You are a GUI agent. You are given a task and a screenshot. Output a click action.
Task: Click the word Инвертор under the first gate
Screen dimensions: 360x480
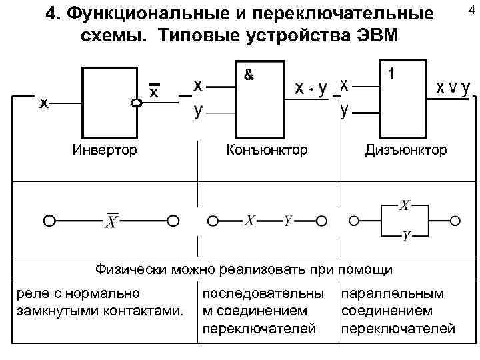[x=105, y=150]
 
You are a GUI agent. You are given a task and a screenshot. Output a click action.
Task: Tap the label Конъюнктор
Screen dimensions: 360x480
[x=267, y=150]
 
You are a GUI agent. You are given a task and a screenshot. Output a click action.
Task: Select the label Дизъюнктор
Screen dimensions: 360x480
[x=405, y=150]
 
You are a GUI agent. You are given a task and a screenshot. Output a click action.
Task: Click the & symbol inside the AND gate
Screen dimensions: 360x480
[x=248, y=75]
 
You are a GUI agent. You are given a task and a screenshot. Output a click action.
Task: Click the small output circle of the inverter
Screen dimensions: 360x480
[x=137, y=103]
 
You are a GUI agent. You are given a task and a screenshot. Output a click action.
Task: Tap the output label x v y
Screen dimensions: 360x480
[x=453, y=88]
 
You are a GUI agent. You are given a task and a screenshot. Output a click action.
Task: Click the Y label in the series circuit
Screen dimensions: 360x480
[x=288, y=220]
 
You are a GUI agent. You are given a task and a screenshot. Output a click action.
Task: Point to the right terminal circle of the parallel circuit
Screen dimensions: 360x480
[x=456, y=220]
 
